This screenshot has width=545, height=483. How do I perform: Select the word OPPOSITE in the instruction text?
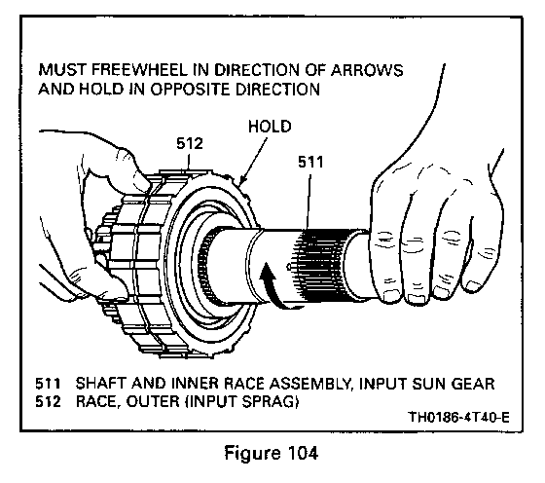pos(191,89)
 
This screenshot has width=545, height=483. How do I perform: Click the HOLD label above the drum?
pos(270,127)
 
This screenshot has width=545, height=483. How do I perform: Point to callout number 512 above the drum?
pos(190,143)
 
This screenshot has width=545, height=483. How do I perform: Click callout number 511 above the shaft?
pos(310,162)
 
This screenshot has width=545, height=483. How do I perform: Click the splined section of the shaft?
pos(318,265)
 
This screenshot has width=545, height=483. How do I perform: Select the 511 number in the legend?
pos(48,384)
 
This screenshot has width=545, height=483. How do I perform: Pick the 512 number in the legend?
pos(48,402)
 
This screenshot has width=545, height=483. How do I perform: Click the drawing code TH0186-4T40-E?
pos(458,417)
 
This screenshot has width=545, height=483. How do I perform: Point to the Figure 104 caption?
pos(272,453)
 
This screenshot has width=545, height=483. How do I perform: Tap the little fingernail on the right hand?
pos(473,286)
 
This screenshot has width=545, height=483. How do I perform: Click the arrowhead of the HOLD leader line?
pos(242,179)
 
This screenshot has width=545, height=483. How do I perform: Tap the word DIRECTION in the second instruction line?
pos(277,89)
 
